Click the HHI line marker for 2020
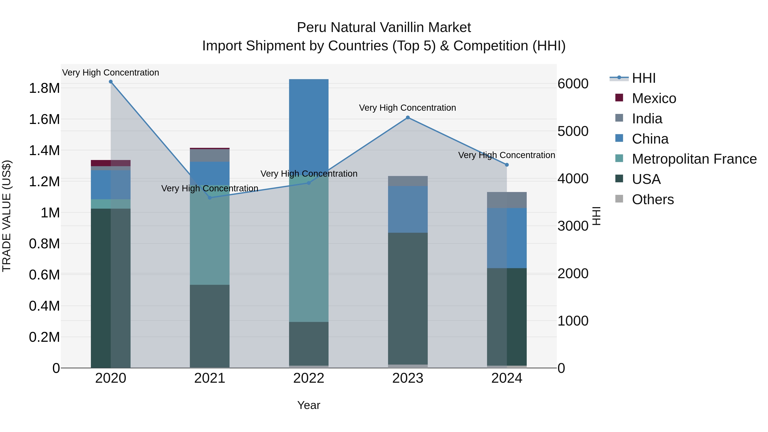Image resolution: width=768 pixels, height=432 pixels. click(111, 82)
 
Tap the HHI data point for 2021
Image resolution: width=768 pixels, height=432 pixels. click(209, 198)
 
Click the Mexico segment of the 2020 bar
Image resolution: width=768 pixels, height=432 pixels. click(111, 163)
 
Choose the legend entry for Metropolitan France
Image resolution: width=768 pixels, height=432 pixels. click(694, 159)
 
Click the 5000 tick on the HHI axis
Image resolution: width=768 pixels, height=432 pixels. click(573, 131)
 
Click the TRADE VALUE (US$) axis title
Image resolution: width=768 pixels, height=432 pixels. click(7, 216)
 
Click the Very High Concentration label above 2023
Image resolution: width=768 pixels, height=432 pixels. click(407, 108)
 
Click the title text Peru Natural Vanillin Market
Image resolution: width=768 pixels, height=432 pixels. click(384, 28)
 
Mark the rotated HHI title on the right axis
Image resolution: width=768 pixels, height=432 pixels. click(596, 216)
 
